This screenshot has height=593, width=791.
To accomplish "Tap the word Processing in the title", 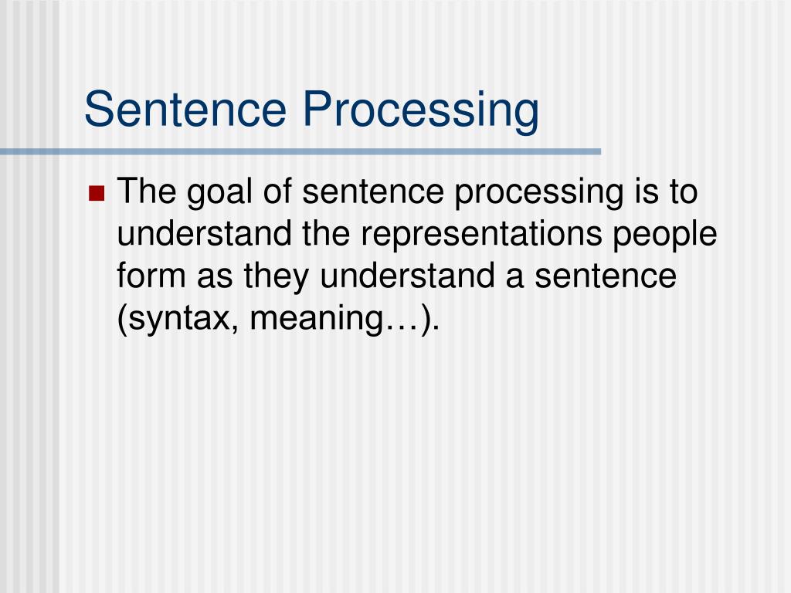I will click(x=420, y=110).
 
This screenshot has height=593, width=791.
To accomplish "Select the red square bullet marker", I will click(x=97, y=192).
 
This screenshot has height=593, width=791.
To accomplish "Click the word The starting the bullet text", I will click(x=148, y=191).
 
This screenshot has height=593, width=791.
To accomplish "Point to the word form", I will click(x=151, y=275).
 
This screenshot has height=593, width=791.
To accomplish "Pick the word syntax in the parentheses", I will click(x=177, y=318).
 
